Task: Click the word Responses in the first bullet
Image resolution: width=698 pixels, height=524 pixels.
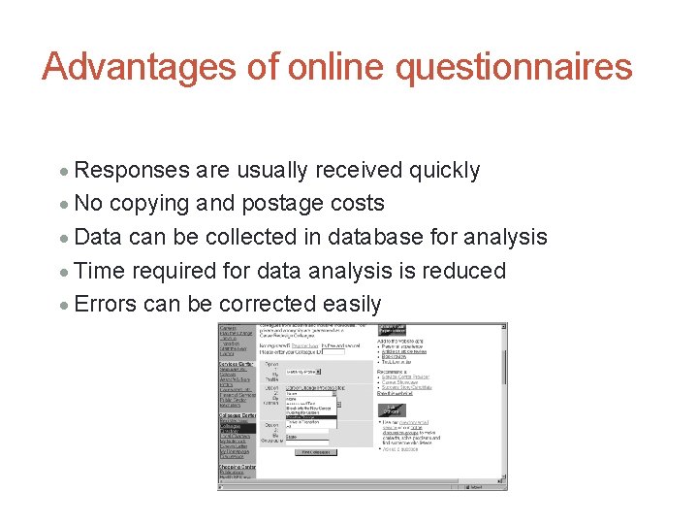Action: [x=132, y=170]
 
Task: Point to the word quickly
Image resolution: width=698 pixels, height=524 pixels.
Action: [x=444, y=170]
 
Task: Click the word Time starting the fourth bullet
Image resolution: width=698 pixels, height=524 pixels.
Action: [x=99, y=271]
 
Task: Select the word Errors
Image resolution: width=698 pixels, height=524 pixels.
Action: [x=105, y=304]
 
